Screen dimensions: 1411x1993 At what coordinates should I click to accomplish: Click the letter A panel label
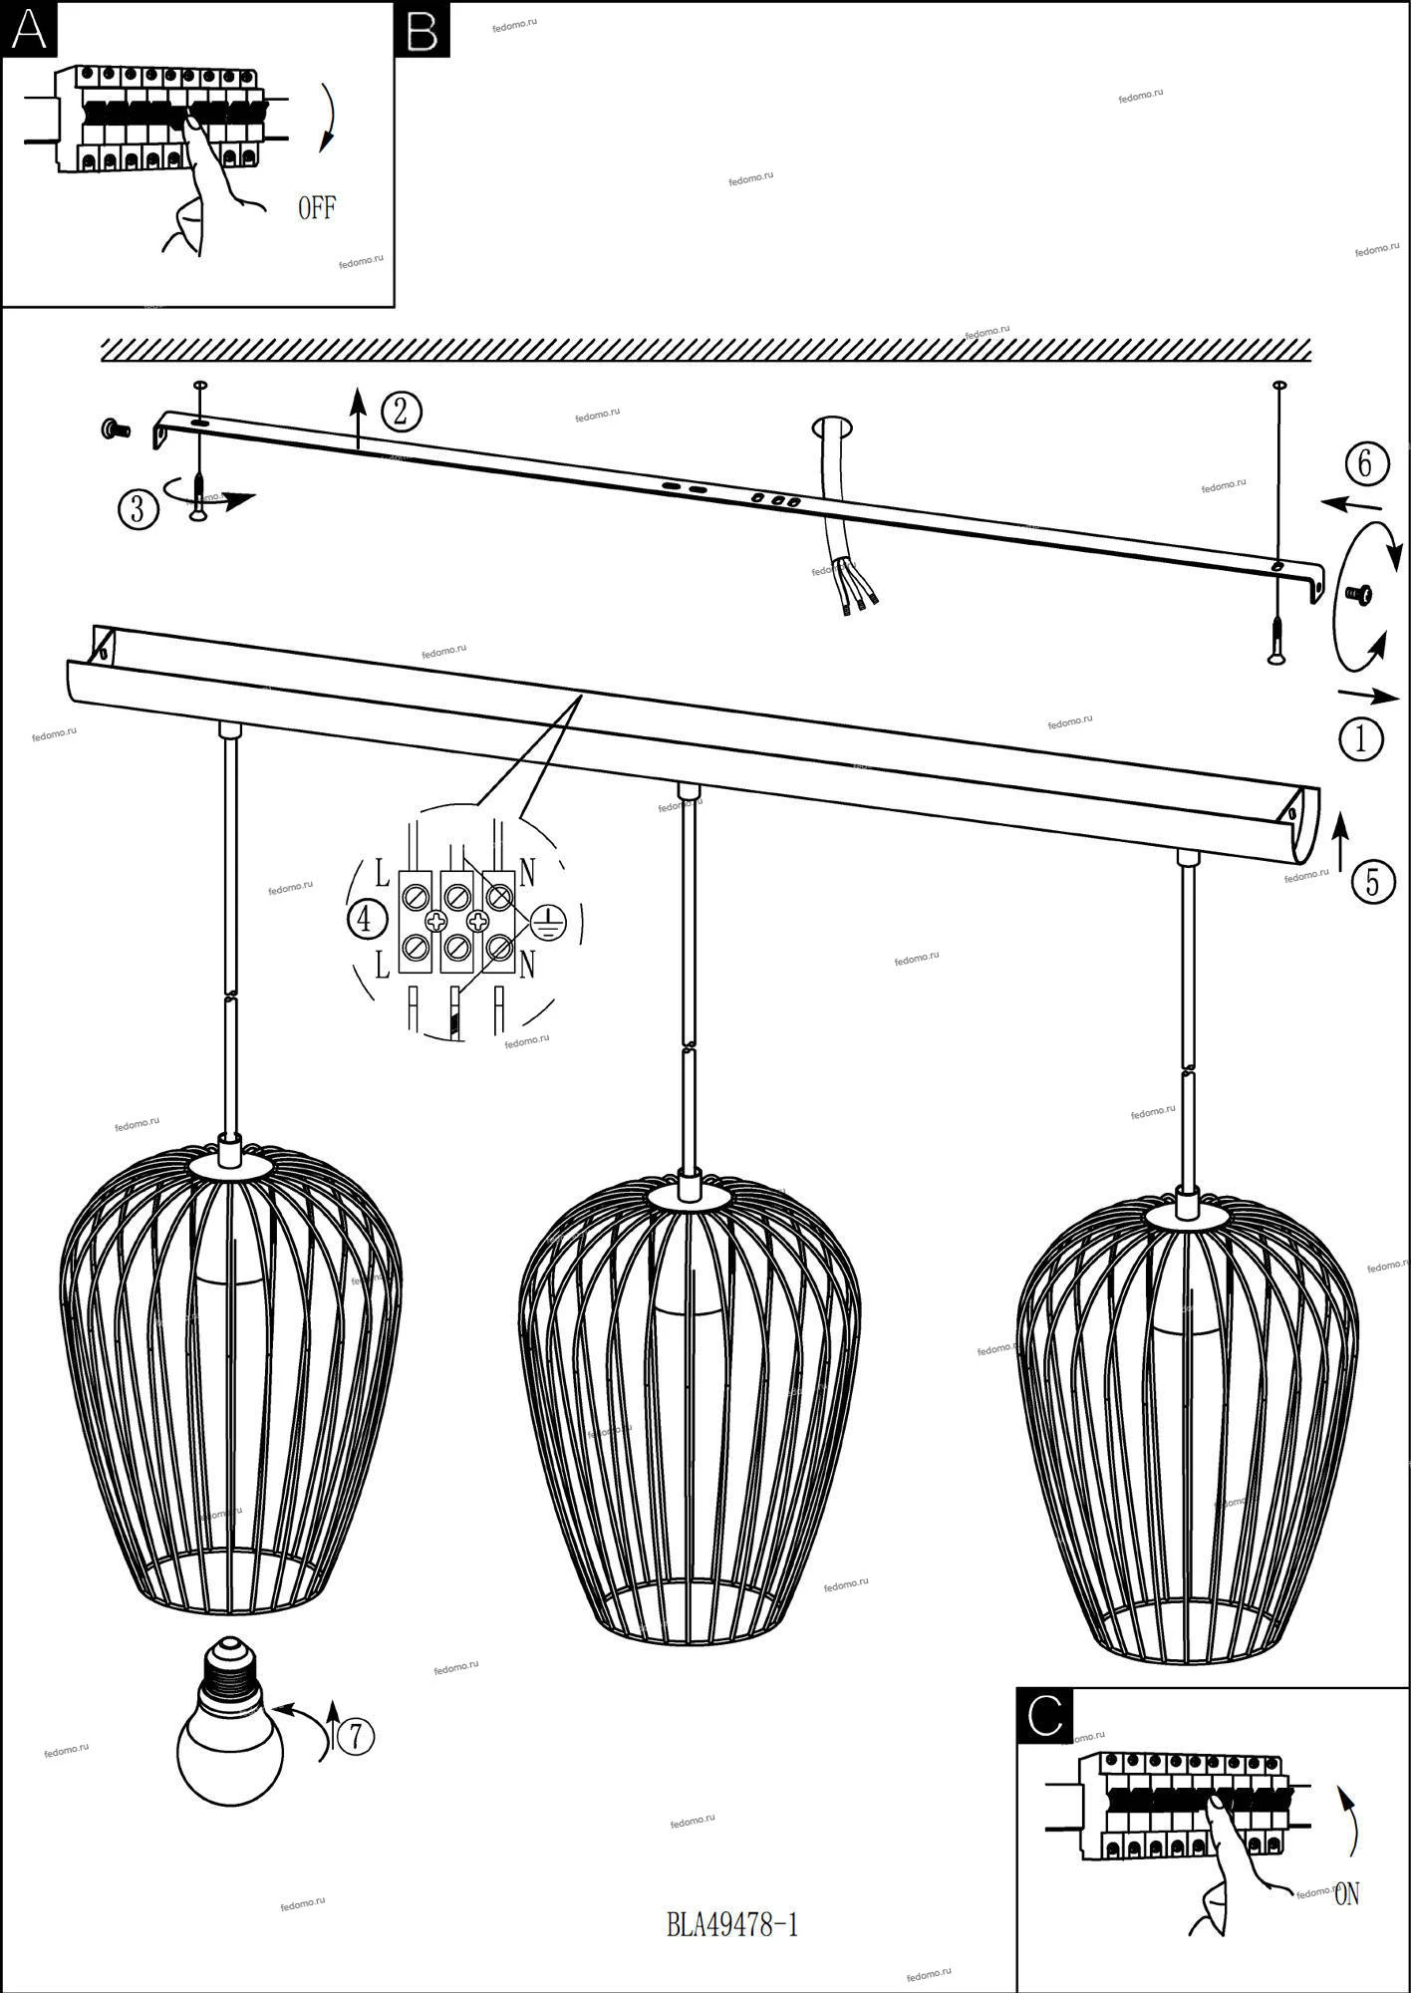29,30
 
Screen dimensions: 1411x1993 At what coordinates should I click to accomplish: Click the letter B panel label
423,30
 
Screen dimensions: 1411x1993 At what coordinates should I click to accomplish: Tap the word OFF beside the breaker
317,208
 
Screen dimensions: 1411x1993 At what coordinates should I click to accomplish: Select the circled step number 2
401,411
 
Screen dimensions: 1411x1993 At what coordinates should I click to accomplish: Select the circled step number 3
138,509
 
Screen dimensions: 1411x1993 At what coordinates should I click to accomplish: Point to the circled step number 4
366,919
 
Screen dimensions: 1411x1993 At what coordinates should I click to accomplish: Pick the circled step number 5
1372,883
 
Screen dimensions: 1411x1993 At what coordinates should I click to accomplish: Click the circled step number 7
355,1737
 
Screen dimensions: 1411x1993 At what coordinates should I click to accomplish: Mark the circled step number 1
1361,739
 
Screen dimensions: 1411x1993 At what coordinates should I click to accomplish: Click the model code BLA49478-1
732,1924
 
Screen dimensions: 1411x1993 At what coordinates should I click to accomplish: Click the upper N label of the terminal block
527,873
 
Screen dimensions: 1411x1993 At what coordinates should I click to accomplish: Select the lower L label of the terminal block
383,964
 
